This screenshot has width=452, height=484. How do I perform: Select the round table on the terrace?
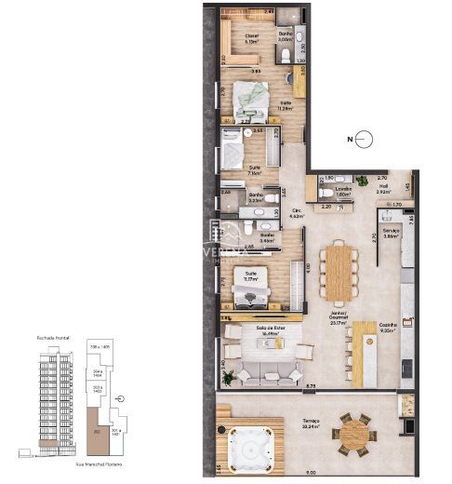click(x=353, y=433)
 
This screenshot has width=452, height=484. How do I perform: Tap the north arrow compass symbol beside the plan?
click(x=366, y=141)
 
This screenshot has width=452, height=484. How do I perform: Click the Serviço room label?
click(x=391, y=233)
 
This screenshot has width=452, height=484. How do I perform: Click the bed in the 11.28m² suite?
click(x=248, y=96)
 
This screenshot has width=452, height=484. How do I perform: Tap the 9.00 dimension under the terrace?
click(x=310, y=473)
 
